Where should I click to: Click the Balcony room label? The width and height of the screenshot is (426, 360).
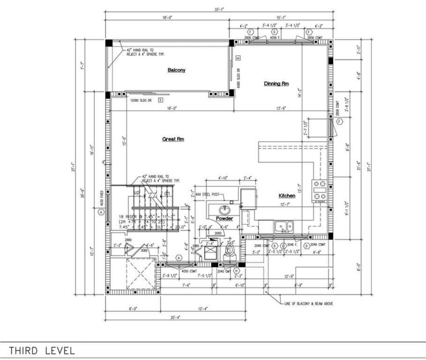176,70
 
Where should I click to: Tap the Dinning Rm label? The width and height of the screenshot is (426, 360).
276,84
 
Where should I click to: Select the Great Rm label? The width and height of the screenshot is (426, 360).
173,139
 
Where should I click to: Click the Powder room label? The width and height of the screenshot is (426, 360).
224,219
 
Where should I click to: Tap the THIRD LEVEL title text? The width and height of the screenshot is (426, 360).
42,350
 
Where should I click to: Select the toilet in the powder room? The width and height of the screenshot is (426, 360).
230,251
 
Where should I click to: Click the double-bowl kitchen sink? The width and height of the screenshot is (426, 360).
283,226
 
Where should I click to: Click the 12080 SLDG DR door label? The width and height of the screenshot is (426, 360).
141,100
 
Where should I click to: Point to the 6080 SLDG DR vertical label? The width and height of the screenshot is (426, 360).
238,78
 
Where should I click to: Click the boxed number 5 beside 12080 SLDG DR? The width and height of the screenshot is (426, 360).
160,100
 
